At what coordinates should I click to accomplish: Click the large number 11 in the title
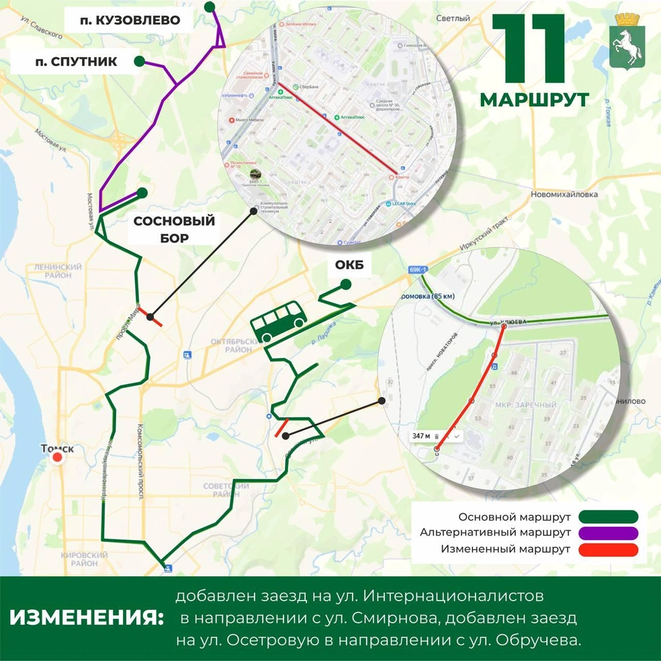pyautogui.click(x=528, y=48)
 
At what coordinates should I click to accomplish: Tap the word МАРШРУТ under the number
pyautogui.click(x=534, y=100)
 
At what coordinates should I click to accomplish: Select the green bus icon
pyautogui.click(x=278, y=324)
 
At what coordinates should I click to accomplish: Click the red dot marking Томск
pyautogui.click(x=58, y=457)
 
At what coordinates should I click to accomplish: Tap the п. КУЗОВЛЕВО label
pyautogui.click(x=130, y=20)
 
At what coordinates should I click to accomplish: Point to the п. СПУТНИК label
pyautogui.click(x=76, y=62)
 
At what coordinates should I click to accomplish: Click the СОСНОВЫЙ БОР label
pyautogui.click(x=174, y=229)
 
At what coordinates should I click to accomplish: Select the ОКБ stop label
pyautogui.click(x=349, y=266)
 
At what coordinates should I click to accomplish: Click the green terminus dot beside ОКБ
pyautogui.click(x=345, y=285)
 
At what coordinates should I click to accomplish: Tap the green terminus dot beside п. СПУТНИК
pyautogui.click(x=139, y=62)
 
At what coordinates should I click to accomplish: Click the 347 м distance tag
pyautogui.click(x=421, y=436)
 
